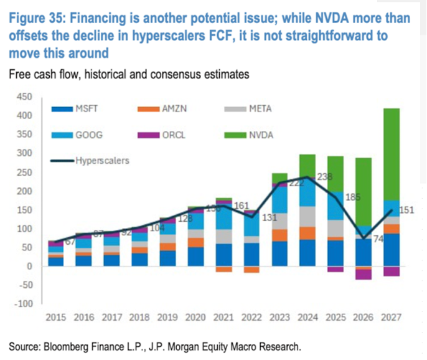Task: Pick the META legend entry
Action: [x=258, y=109]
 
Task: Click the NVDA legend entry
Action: [x=258, y=135]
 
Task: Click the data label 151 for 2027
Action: [x=405, y=210]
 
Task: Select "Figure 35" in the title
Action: [x=38, y=17]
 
